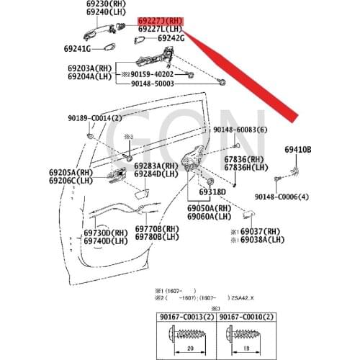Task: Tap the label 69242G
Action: (x=171, y=38)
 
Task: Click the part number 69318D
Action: (x=205, y=192)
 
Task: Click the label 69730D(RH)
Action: (x=105, y=233)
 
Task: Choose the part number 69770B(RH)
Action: (x=157, y=229)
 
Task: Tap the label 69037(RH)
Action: (x=258, y=233)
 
